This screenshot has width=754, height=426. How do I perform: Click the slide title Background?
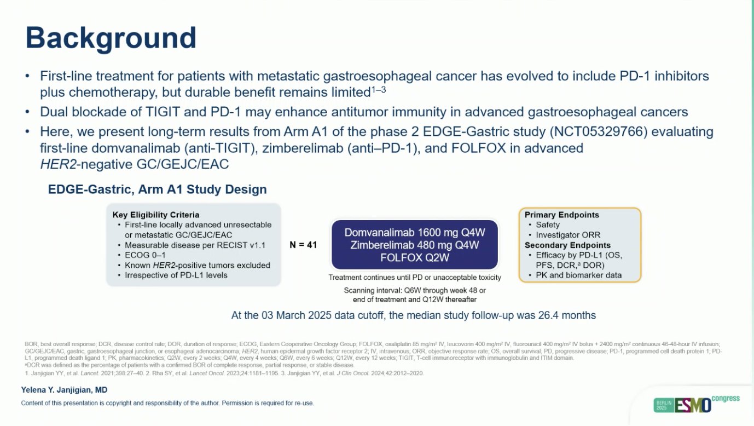[x=111, y=38]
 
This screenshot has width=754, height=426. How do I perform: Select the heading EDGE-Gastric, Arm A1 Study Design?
[x=158, y=190]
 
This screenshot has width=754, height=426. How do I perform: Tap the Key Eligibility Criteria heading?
[x=156, y=215]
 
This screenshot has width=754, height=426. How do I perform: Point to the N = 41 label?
[x=303, y=245]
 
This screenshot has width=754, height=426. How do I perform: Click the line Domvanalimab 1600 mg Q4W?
[x=414, y=232]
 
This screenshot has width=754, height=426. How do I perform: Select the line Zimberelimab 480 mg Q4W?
[x=414, y=244]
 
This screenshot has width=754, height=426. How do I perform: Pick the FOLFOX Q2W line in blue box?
[x=414, y=256]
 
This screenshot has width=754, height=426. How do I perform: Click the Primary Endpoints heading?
[x=561, y=215]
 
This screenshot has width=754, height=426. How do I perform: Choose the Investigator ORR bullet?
[x=564, y=235]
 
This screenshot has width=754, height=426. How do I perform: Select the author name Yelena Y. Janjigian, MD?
[x=64, y=390]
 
